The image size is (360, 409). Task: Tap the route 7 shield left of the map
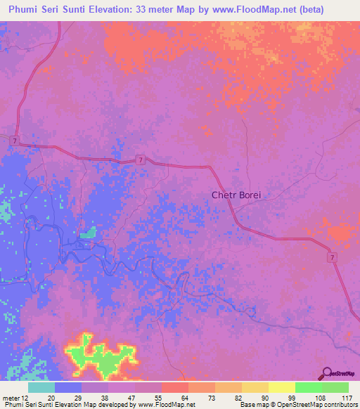coord(15,141)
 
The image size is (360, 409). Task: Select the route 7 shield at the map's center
coord(141,160)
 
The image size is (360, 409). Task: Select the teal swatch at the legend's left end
coord(41,387)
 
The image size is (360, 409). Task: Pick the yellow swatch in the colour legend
coord(281,387)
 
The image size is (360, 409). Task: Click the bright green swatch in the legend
coord(308,387)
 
